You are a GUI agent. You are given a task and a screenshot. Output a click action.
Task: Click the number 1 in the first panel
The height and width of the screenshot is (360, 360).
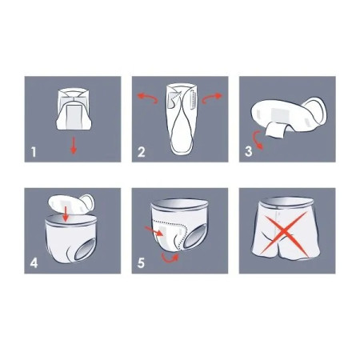34,152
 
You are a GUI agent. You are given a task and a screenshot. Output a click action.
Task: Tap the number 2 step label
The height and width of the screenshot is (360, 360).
142,152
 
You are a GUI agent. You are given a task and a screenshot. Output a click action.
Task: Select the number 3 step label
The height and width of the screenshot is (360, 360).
248,151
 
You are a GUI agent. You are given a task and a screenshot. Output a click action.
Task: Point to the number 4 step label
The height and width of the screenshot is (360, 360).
34,263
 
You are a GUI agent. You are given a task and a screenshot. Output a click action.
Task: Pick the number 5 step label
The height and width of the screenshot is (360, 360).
141,263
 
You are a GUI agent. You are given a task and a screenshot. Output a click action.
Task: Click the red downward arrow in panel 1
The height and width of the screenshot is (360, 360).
74,146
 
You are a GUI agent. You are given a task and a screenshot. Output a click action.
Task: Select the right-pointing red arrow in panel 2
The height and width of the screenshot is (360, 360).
212,98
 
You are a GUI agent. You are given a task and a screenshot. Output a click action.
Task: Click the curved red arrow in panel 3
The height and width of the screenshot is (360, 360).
258,140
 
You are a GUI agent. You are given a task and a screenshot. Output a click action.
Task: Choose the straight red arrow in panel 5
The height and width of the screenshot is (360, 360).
154,231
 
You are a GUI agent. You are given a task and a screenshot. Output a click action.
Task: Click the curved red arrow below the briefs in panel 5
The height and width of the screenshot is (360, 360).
170,258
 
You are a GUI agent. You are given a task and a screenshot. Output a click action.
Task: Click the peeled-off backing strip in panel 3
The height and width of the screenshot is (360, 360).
275,130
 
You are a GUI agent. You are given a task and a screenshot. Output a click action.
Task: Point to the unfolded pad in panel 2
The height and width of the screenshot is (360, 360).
182,118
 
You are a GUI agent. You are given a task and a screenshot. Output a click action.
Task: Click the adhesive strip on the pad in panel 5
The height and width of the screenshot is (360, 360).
164,234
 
